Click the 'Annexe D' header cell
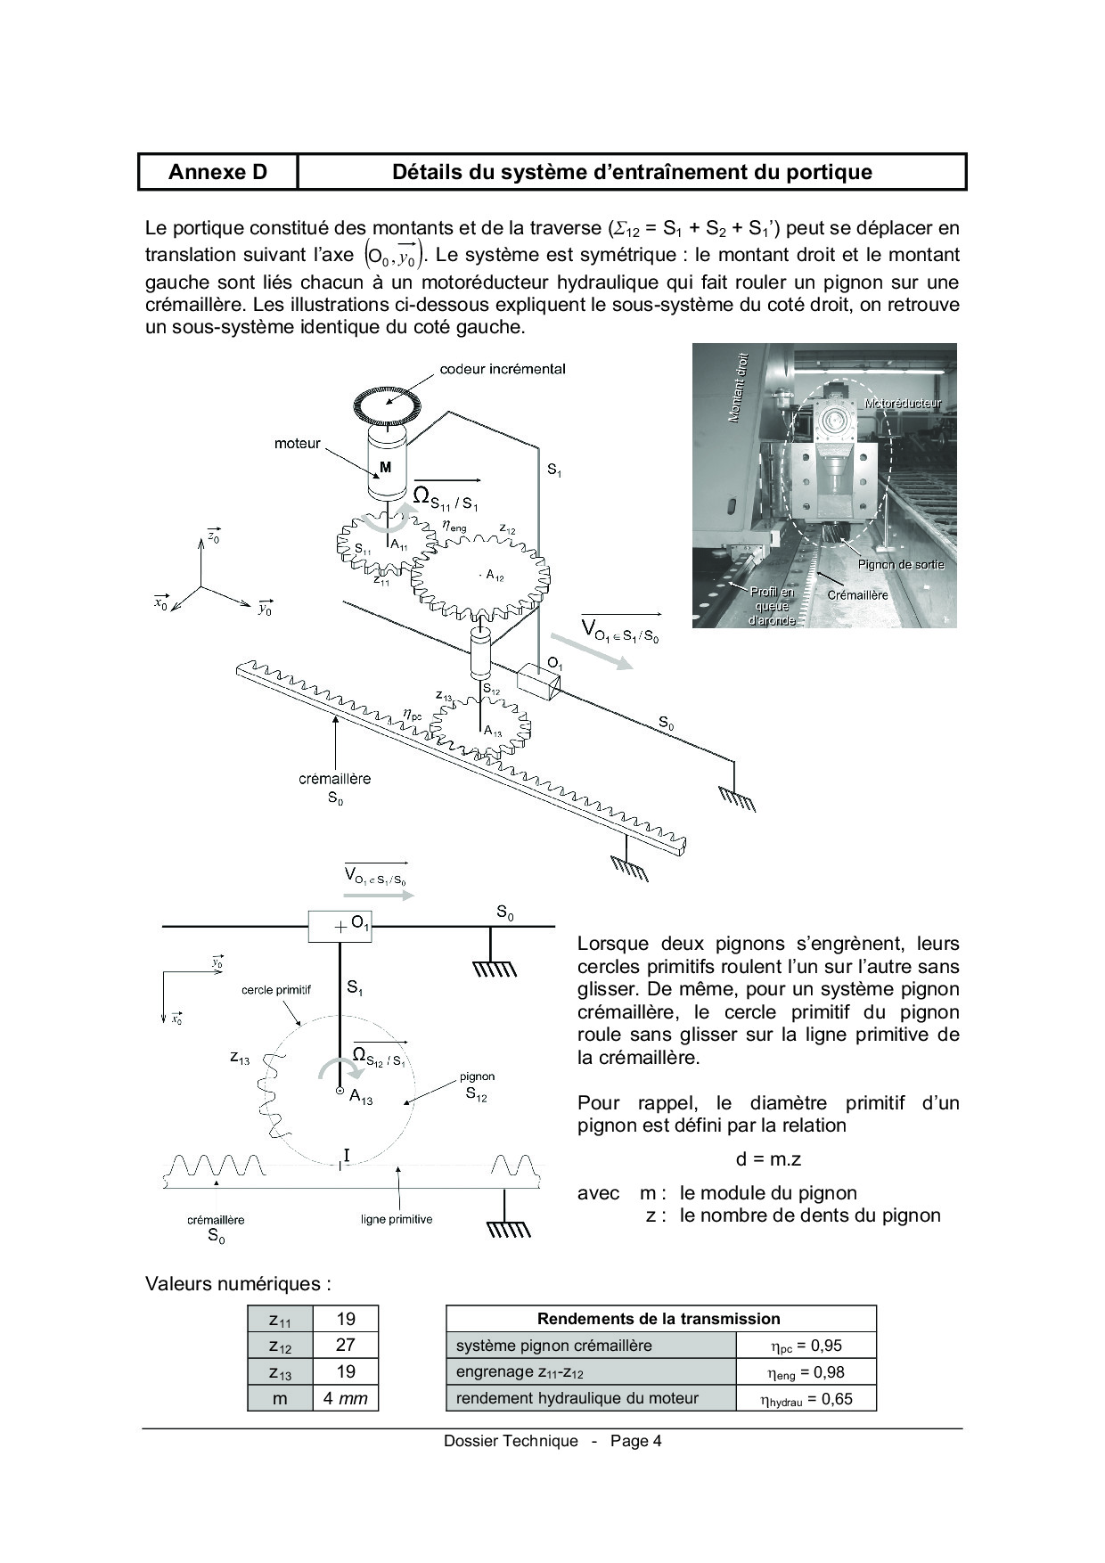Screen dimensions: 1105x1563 [x=217, y=172]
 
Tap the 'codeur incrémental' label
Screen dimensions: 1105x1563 [x=503, y=369]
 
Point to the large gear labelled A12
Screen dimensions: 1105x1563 [x=480, y=576]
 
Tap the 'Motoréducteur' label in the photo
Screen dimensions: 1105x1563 [x=902, y=403]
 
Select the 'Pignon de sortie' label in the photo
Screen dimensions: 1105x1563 [x=900, y=564]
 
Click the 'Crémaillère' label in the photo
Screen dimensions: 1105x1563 [x=857, y=594]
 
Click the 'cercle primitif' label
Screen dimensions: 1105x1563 [x=276, y=990]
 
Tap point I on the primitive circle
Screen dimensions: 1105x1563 [x=346, y=1156]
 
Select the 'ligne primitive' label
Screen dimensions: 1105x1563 [x=397, y=1219]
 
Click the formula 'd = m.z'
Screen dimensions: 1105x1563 [x=768, y=1159]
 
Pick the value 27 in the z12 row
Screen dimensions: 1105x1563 [x=346, y=1346]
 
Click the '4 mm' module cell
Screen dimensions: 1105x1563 [x=346, y=1398]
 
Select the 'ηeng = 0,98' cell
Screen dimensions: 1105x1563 [x=806, y=1372]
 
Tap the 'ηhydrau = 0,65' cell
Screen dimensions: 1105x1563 [x=806, y=1399]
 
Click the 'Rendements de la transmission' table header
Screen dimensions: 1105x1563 [x=660, y=1319]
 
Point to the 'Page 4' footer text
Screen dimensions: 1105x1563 [x=636, y=1441]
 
